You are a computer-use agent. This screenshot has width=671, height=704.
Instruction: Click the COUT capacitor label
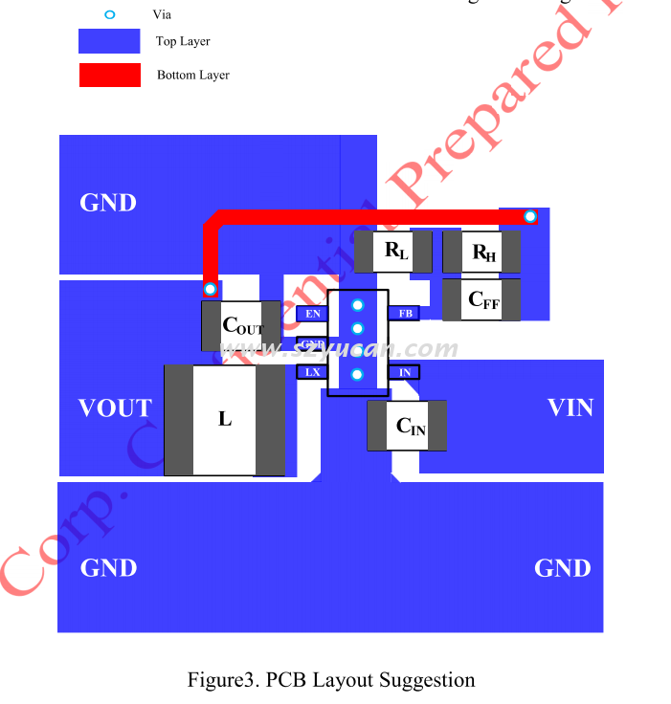241,325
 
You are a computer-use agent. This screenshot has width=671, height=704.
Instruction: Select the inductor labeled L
225,419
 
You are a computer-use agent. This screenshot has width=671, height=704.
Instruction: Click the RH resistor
482,253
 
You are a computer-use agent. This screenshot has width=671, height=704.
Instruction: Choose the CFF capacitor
482,299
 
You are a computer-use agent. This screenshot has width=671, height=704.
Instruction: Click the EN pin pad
312,313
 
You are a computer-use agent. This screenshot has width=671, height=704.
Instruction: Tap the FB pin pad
405,313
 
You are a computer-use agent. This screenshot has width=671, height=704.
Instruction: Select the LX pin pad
312,372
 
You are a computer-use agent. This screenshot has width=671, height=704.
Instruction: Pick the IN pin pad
404,372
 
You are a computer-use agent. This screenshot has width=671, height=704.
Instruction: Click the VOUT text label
115,408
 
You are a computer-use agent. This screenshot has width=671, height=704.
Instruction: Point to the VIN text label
570,407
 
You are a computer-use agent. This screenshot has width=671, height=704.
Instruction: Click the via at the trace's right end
530,217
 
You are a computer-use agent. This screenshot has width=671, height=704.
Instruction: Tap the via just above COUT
211,289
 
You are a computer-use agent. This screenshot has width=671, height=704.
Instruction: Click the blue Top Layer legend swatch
109,41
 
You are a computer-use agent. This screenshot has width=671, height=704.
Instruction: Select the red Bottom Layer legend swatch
109,75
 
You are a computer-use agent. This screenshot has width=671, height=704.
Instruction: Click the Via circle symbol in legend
109,14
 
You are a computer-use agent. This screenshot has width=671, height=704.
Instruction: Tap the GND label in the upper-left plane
108,203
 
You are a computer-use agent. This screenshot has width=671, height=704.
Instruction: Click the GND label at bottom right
562,568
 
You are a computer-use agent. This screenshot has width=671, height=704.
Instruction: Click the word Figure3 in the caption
222,680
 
